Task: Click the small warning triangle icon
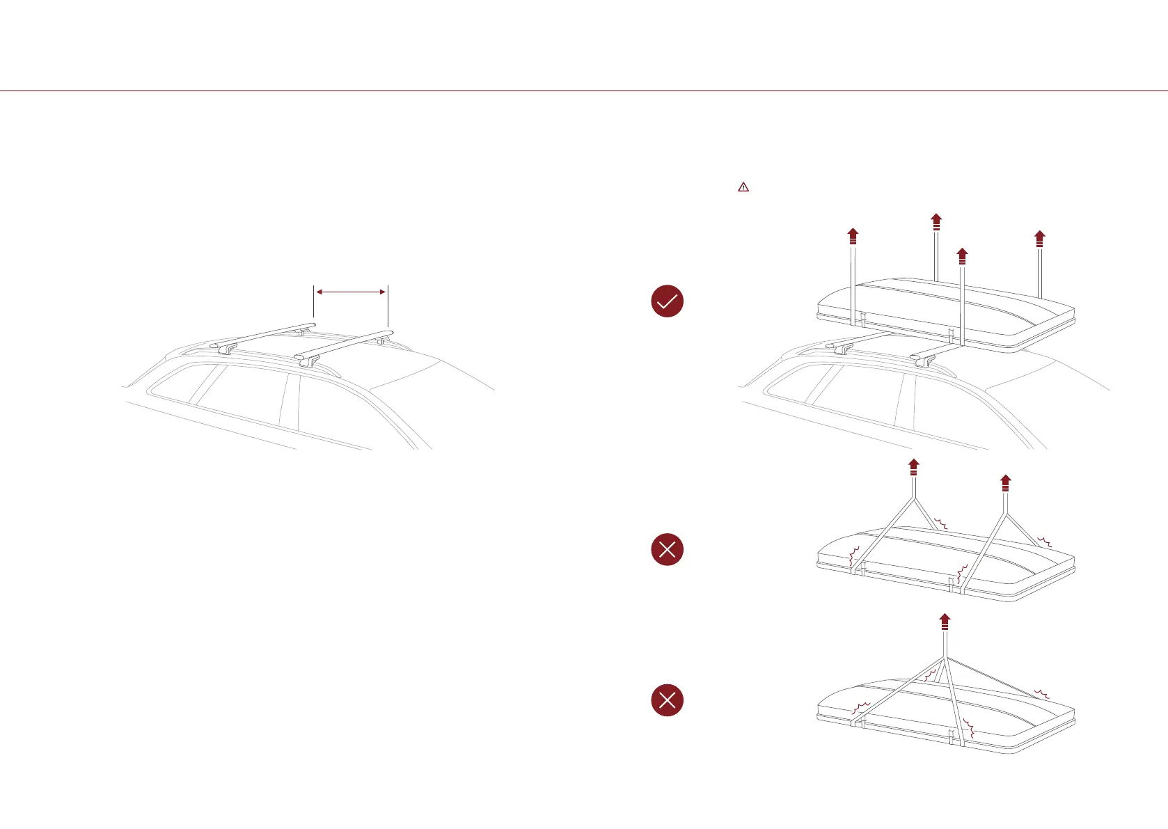(x=743, y=187)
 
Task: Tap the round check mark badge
(x=667, y=301)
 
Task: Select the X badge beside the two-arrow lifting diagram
(x=667, y=549)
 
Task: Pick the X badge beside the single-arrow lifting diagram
(x=667, y=700)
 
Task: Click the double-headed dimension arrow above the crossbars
(x=351, y=292)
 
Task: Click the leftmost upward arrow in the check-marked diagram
(x=853, y=236)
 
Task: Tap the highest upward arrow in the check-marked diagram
(x=936, y=221)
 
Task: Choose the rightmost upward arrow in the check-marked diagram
(x=1040, y=239)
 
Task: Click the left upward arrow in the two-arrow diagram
(x=914, y=466)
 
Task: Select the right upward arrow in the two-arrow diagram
(x=1005, y=483)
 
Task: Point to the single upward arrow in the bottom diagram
(x=945, y=622)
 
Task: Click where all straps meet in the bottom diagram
(x=945, y=657)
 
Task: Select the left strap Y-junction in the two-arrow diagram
(x=914, y=498)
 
